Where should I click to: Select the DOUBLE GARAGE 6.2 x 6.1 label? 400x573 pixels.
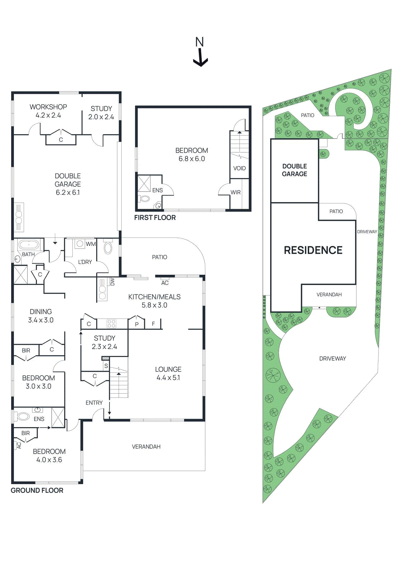click(68, 184)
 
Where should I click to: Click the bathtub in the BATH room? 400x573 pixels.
click(29, 245)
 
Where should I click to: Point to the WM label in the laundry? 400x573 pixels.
click(91, 244)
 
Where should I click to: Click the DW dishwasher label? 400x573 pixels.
click(112, 282)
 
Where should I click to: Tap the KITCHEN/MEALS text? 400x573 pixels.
click(154, 297)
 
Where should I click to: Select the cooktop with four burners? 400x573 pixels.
click(112, 324)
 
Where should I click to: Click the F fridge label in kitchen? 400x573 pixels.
click(154, 324)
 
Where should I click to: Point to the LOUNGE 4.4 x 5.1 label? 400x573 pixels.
click(168, 373)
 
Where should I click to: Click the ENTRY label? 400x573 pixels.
click(94, 403)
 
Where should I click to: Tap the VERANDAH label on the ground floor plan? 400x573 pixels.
click(146, 447)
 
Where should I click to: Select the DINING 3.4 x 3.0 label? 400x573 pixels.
click(41, 316)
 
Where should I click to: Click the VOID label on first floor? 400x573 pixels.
click(239, 168)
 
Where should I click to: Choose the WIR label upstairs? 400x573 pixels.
click(235, 192)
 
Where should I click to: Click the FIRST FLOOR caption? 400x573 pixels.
click(155, 217)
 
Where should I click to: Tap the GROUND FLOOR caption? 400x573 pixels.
click(37, 490)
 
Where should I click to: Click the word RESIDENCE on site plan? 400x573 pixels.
click(313, 250)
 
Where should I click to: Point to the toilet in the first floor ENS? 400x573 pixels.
click(145, 198)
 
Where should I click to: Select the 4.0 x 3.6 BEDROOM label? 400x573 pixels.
click(49, 456)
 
